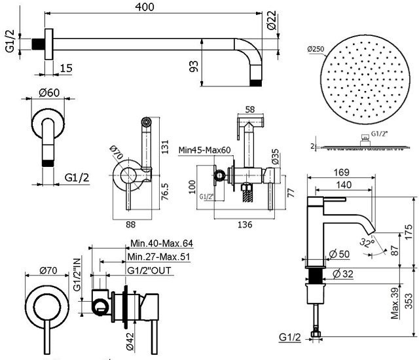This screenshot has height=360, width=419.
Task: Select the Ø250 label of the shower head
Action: [x=316, y=48]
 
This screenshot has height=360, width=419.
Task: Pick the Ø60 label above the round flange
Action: [x=49, y=92]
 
